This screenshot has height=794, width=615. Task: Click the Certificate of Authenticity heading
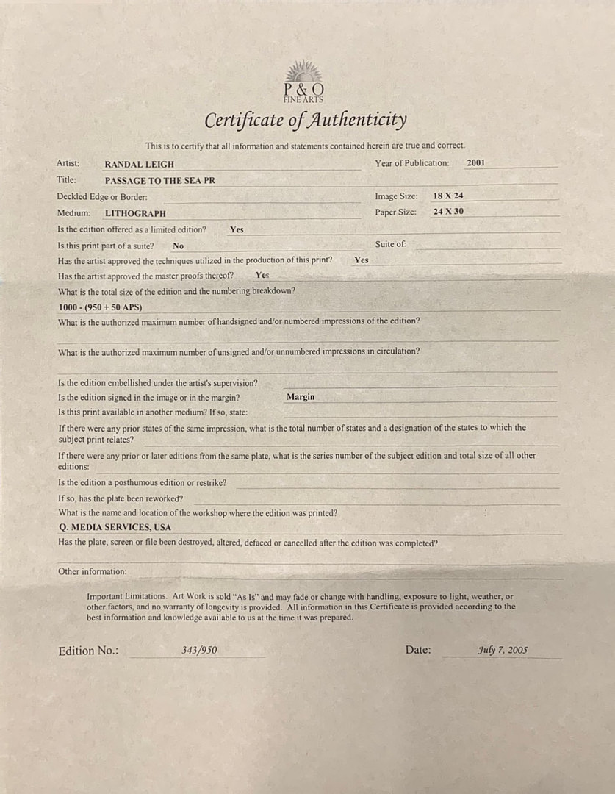coord(305,120)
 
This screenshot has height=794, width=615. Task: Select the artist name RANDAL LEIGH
coord(140,164)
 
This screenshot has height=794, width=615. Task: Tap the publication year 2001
coord(475,163)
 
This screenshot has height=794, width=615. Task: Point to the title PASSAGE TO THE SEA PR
coord(160,180)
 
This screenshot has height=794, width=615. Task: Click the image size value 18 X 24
coord(448,196)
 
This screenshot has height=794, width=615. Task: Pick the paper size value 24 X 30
coord(448,212)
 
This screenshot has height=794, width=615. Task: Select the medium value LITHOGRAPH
coord(135,213)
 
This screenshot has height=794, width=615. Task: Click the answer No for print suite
coord(178,246)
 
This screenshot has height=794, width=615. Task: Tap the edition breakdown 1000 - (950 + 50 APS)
coord(100,307)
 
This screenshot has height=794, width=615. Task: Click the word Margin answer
coord(301,397)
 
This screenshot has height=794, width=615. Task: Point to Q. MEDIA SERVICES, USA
coord(115,527)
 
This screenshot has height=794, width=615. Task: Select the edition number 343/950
coord(199,650)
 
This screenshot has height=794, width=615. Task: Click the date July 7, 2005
coord(503,650)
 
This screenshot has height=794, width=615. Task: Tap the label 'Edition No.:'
coord(87,651)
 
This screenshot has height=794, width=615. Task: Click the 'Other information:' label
coord(92,571)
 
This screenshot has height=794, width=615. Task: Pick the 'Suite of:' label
coord(390,244)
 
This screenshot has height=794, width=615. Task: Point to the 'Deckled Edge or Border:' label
coord(102,197)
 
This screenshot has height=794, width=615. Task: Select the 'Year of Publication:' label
coord(411,163)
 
